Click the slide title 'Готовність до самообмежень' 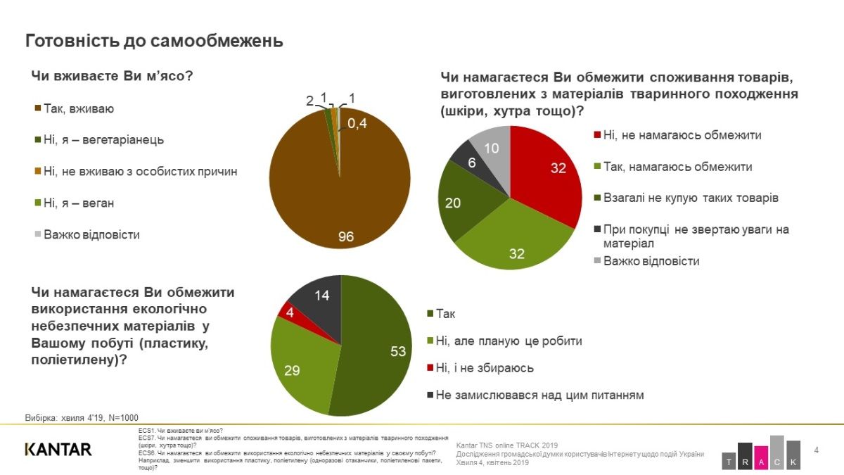(154, 41)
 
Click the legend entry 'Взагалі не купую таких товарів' (686, 198)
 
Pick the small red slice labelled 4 (288, 311)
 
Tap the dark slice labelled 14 (316, 299)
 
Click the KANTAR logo (58, 449)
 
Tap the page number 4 (816, 450)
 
